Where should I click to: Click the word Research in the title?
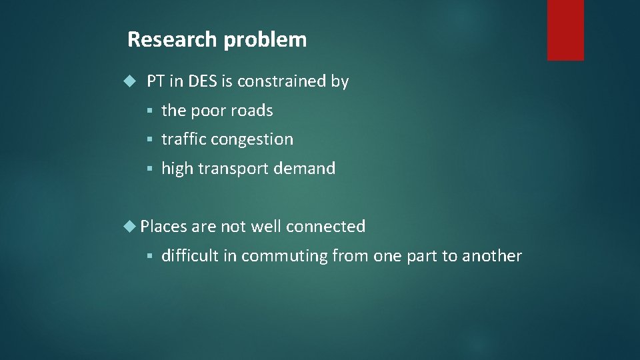point(173,39)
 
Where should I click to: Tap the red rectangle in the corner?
point(565,30)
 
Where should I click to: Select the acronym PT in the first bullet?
point(155,82)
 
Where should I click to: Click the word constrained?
point(281,82)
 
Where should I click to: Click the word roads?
point(252,111)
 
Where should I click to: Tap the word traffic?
point(184,139)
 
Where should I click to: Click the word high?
point(177,169)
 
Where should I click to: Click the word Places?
point(164,227)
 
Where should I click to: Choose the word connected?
point(325,227)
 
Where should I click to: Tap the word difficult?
point(190,256)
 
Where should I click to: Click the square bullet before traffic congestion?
point(151,140)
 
